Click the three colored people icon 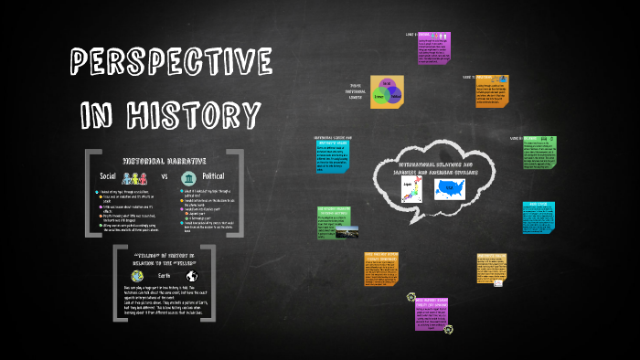click(138, 175)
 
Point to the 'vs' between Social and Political click(165, 175)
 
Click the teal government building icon click(188, 175)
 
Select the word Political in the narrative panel click(213, 175)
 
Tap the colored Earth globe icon click(137, 275)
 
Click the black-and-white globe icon click(192, 275)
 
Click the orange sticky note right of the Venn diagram click(493, 95)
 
